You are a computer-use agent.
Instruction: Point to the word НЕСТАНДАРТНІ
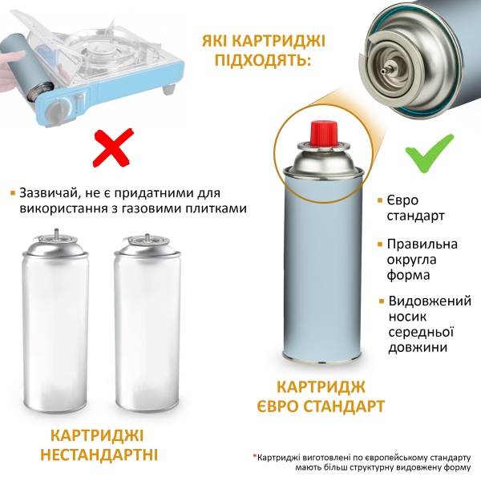coord(104,455)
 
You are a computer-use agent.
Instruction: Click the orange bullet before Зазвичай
coord(12,193)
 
